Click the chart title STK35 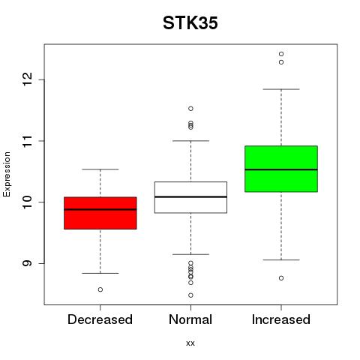point(190,23)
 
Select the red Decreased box point(100,213)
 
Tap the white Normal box point(190,197)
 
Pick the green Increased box point(281,169)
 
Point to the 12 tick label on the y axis point(27,79)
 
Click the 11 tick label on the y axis point(27,141)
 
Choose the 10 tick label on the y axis point(27,202)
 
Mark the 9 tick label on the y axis point(27,263)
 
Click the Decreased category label point(100,319)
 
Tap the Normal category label point(190,319)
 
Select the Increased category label point(281,319)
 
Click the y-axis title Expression point(7,174)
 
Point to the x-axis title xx point(190,343)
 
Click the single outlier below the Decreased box point(100,289)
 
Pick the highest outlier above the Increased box point(281,54)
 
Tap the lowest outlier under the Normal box point(190,295)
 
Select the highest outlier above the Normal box point(190,109)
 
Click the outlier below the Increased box point(281,278)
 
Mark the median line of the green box point(281,169)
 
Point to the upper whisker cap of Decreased point(100,169)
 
